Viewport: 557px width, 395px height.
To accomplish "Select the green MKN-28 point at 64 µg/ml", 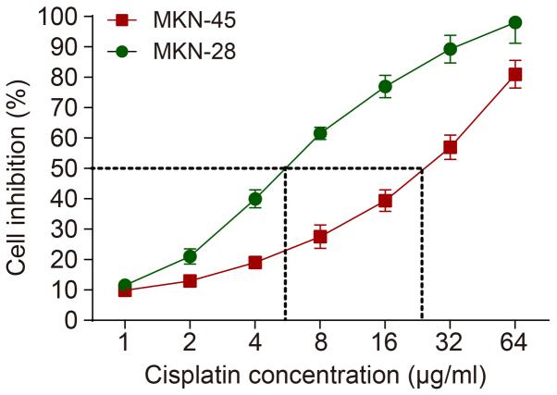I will coord(515,23).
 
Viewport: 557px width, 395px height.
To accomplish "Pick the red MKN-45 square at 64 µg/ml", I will coord(515,74).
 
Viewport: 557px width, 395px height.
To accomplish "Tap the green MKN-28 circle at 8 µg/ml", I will coord(320,133).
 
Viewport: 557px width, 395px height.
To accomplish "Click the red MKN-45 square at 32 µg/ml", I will coord(451,147).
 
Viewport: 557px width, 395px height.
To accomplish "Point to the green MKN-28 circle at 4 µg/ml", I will coord(254,199).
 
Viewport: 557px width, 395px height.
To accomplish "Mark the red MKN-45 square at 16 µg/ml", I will coord(385,201).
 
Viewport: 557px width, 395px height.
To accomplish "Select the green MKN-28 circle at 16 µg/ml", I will coord(385,87).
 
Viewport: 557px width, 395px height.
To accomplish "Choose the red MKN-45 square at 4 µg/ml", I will coord(254,263).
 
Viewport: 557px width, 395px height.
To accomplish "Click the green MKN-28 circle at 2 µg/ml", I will coord(190,256).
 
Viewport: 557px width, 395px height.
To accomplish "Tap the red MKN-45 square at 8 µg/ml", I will coord(320,237).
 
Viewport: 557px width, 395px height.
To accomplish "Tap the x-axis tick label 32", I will coord(451,343).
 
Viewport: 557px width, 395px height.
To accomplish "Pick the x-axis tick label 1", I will coord(124,343).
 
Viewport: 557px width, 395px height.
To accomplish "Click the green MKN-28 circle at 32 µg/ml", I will coord(451,49).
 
